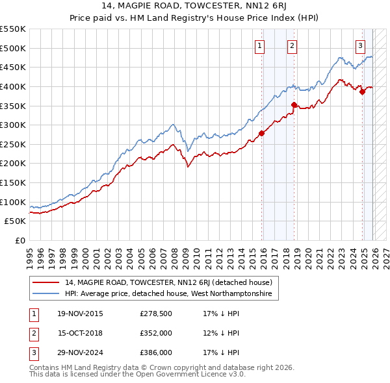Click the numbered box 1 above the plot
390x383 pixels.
coord(259,45)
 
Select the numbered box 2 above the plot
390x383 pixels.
coord(292,45)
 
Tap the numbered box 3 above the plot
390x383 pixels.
coord(360,45)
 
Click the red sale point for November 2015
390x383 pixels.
coord(261,133)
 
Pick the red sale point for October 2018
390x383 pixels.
coord(294,105)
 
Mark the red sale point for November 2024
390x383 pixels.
coord(363,92)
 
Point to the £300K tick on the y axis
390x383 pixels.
coord(13,125)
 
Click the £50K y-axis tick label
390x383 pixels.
coord(15,221)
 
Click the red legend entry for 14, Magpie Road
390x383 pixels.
coord(172,282)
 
